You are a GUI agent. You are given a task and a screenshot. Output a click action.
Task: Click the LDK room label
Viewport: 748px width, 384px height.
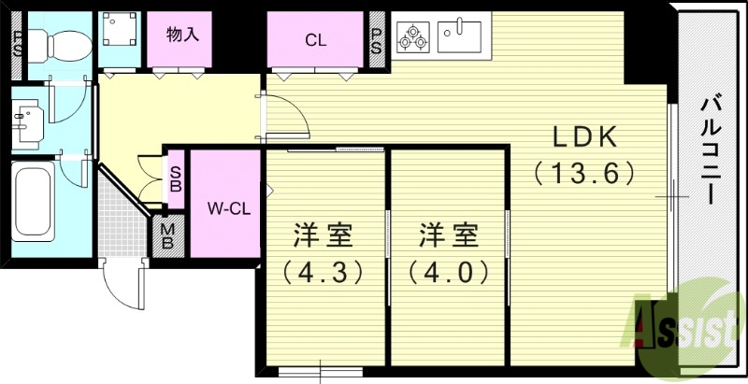584,137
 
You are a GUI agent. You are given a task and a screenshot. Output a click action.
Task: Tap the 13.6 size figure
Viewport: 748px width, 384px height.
585,173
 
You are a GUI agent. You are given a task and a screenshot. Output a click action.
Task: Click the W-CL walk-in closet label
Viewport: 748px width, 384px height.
226,207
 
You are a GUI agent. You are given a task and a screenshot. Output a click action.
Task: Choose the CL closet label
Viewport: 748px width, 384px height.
315,40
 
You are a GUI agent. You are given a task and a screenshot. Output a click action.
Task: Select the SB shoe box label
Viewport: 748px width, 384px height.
175,178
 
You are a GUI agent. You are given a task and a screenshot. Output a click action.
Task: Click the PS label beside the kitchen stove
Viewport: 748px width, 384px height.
377,40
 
